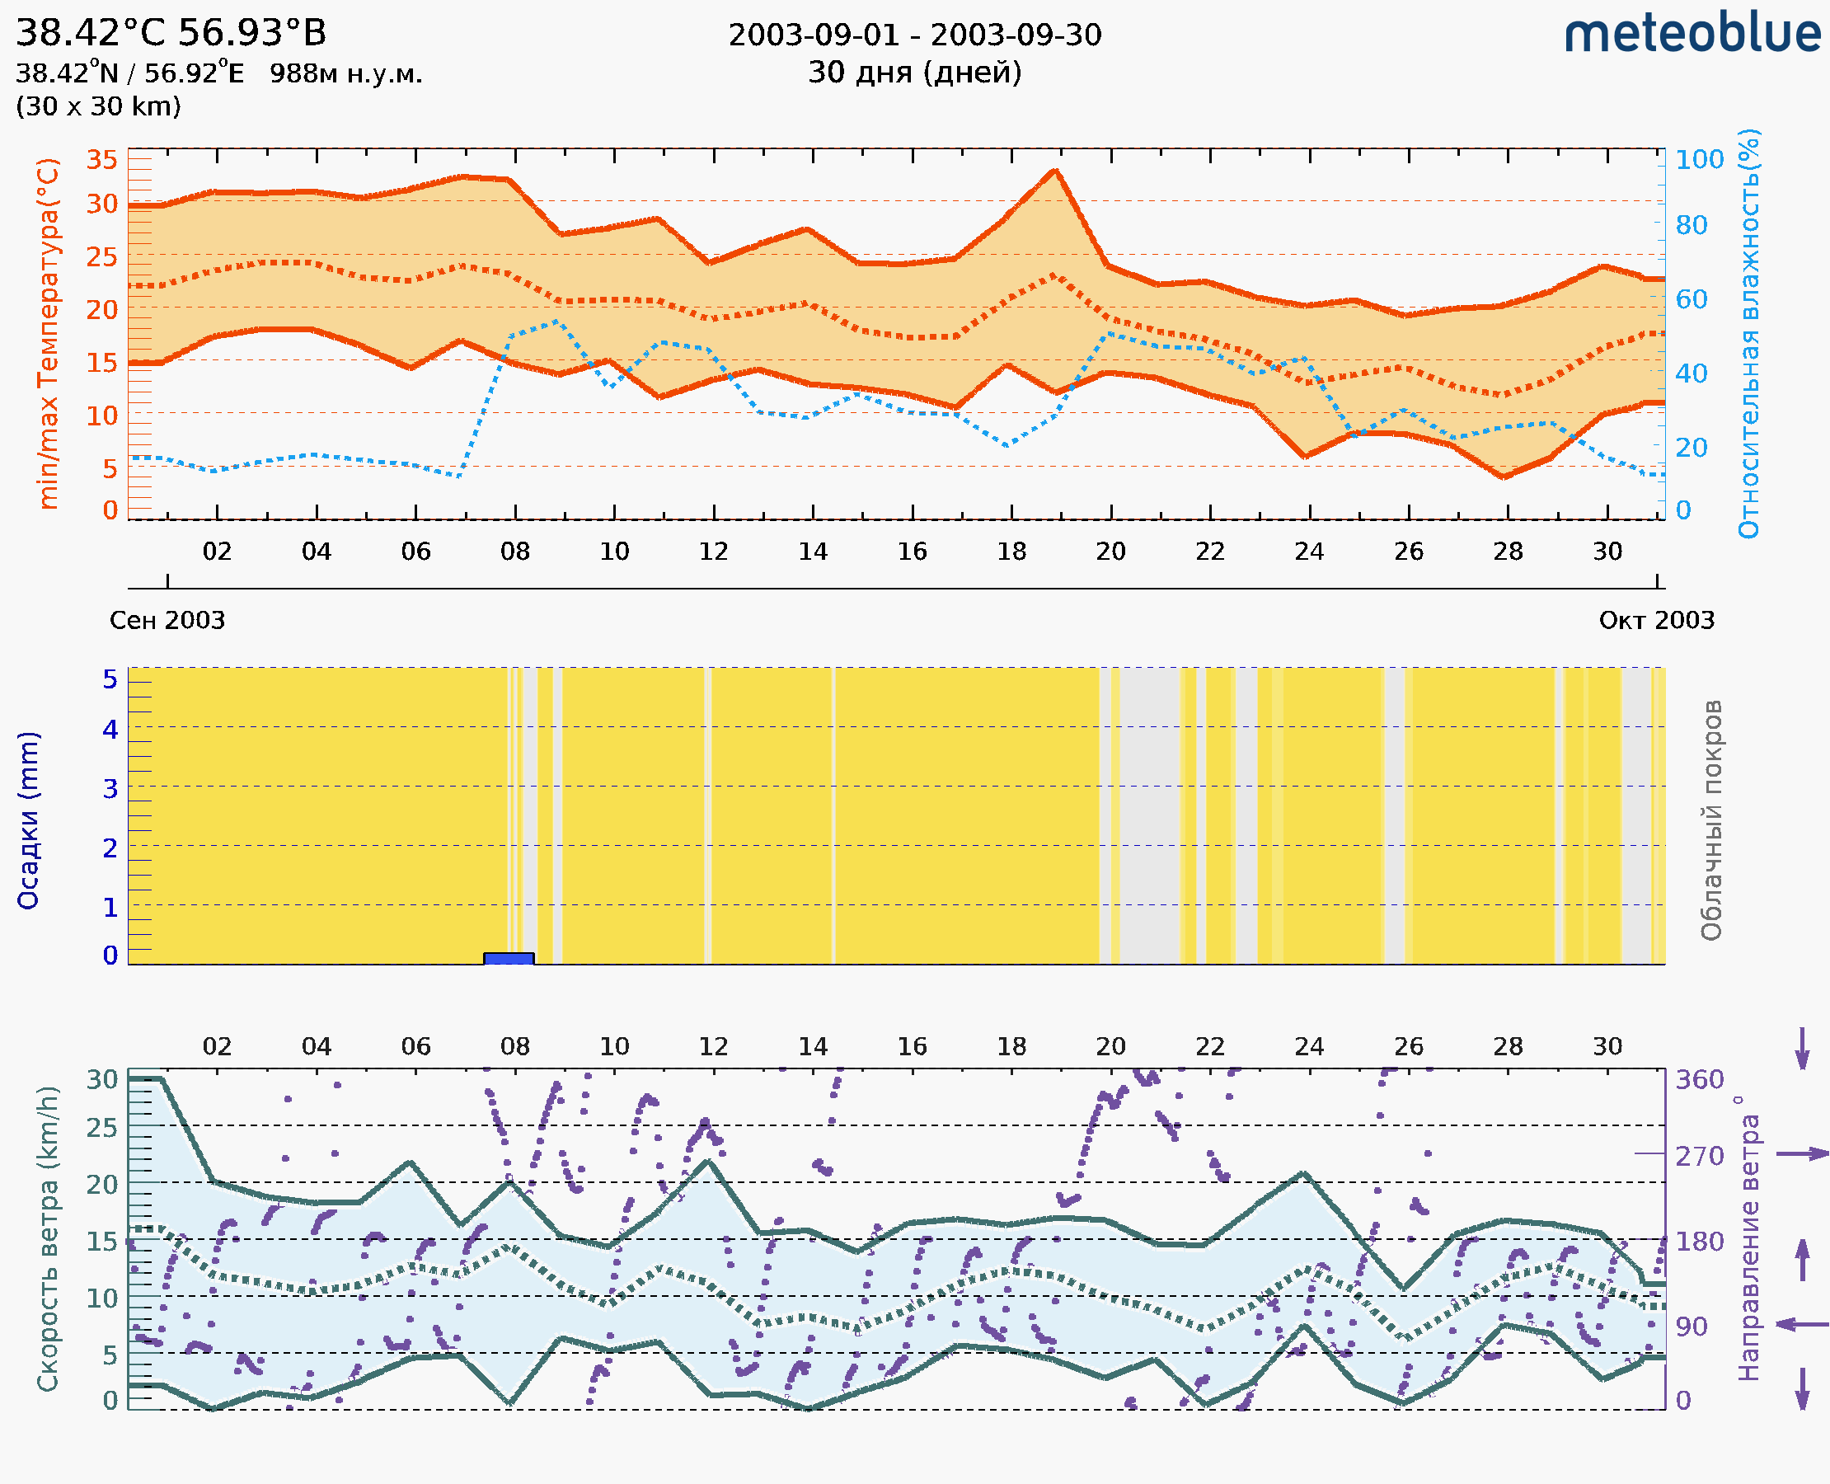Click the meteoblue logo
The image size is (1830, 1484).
pyautogui.click(x=1692, y=34)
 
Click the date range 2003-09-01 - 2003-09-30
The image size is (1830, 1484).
pyautogui.click(x=914, y=35)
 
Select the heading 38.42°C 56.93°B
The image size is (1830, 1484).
pyautogui.click(x=171, y=33)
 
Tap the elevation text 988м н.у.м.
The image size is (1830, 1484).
pyautogui.click(x=346, y=73)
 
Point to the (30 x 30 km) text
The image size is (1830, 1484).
pyautogui.click(x=98, y=106)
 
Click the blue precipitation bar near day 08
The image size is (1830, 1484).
pyautogui.click(x=509, y=958)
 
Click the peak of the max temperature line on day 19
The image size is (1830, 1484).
pyautogui.click(x=1056, y=171)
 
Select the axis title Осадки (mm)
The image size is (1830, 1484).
pyautogui.click(x=28, y=820)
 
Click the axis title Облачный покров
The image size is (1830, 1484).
pyautogui.click(x=1711, y=820)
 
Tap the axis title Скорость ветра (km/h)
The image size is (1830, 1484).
pyautogui.click(x=48, y=1239)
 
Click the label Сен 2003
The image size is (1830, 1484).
pyautogui.click(x=167, y=620)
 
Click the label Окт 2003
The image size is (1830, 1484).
pyautogui.click(x=1657, y=620)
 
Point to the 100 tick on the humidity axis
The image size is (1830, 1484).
pyautogui.click(x=1699, y=160)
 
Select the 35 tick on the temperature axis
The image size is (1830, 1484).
pyautogui.click(x=102, y=160)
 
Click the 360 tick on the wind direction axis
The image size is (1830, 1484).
pyautogui.click(x=1699, y=1080)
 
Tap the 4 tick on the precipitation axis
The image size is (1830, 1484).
pyautogui.click(x=110, y=729)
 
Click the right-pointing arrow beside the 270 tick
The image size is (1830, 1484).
pyautogui.click(x=1802, y=1154)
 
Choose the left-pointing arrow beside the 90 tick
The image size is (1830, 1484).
pyautogui.click(x=1802, y=1325)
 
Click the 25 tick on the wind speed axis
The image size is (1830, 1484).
pyautogui.click(x=102, y=1128)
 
